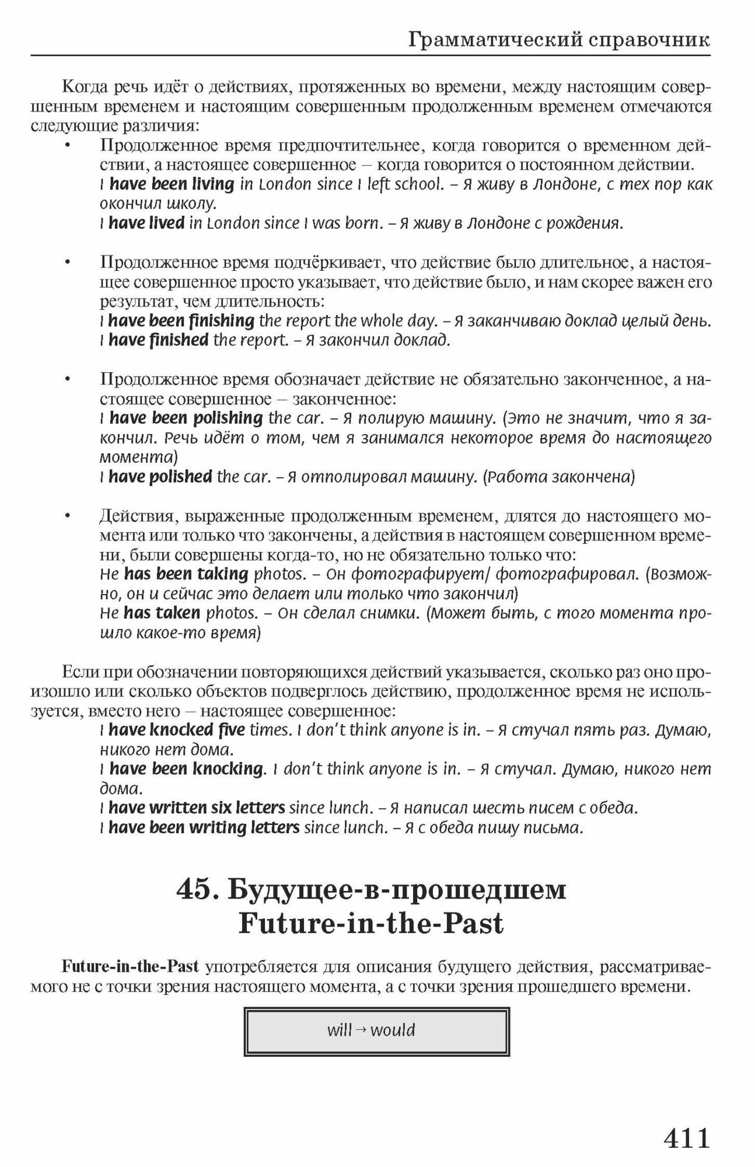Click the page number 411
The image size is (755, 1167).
pos(687,1138)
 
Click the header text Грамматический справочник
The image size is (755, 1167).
pos(558,40)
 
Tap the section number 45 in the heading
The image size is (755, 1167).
pos(195,890)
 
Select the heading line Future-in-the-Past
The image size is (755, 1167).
pos(370,924)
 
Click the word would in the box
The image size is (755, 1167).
pos(393,1030)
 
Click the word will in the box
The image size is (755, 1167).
pos(339,1030)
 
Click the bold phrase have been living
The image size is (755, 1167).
pos(172,184)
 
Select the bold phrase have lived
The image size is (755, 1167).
pos(146,223)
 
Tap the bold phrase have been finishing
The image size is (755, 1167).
pos(181,320)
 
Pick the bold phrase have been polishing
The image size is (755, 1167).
pos(186,418)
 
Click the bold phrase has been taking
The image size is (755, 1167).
pos(186,574)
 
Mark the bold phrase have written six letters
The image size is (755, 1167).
pos(196,808)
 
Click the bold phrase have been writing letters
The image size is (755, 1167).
pos(204,827)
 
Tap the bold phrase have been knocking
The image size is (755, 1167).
pos(186,769)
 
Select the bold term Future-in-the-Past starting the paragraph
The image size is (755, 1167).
pos(130,967)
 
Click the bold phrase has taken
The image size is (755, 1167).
pos(162,613)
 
